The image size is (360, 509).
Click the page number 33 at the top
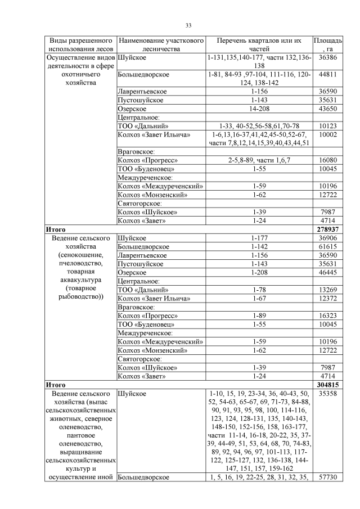[x=188, y=25]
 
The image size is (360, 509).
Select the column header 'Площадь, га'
[x=327, y=45]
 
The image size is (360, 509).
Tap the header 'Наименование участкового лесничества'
[x=160, y=45]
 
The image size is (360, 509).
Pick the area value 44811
[x=327, y=74]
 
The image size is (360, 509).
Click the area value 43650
[x=327, y=109]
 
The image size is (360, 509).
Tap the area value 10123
[x=327, y=126]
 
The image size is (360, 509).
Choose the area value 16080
[x=327, y=160]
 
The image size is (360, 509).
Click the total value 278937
[x=327, y=229]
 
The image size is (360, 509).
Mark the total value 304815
[x=327, y=385]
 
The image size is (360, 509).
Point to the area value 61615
[x=327, y=247]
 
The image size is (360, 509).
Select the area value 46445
[x=327, y=273]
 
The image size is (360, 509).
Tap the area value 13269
[x=327, y=290]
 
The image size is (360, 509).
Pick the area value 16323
[x=327, y=316]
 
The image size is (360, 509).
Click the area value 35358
[x=327, y=394]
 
